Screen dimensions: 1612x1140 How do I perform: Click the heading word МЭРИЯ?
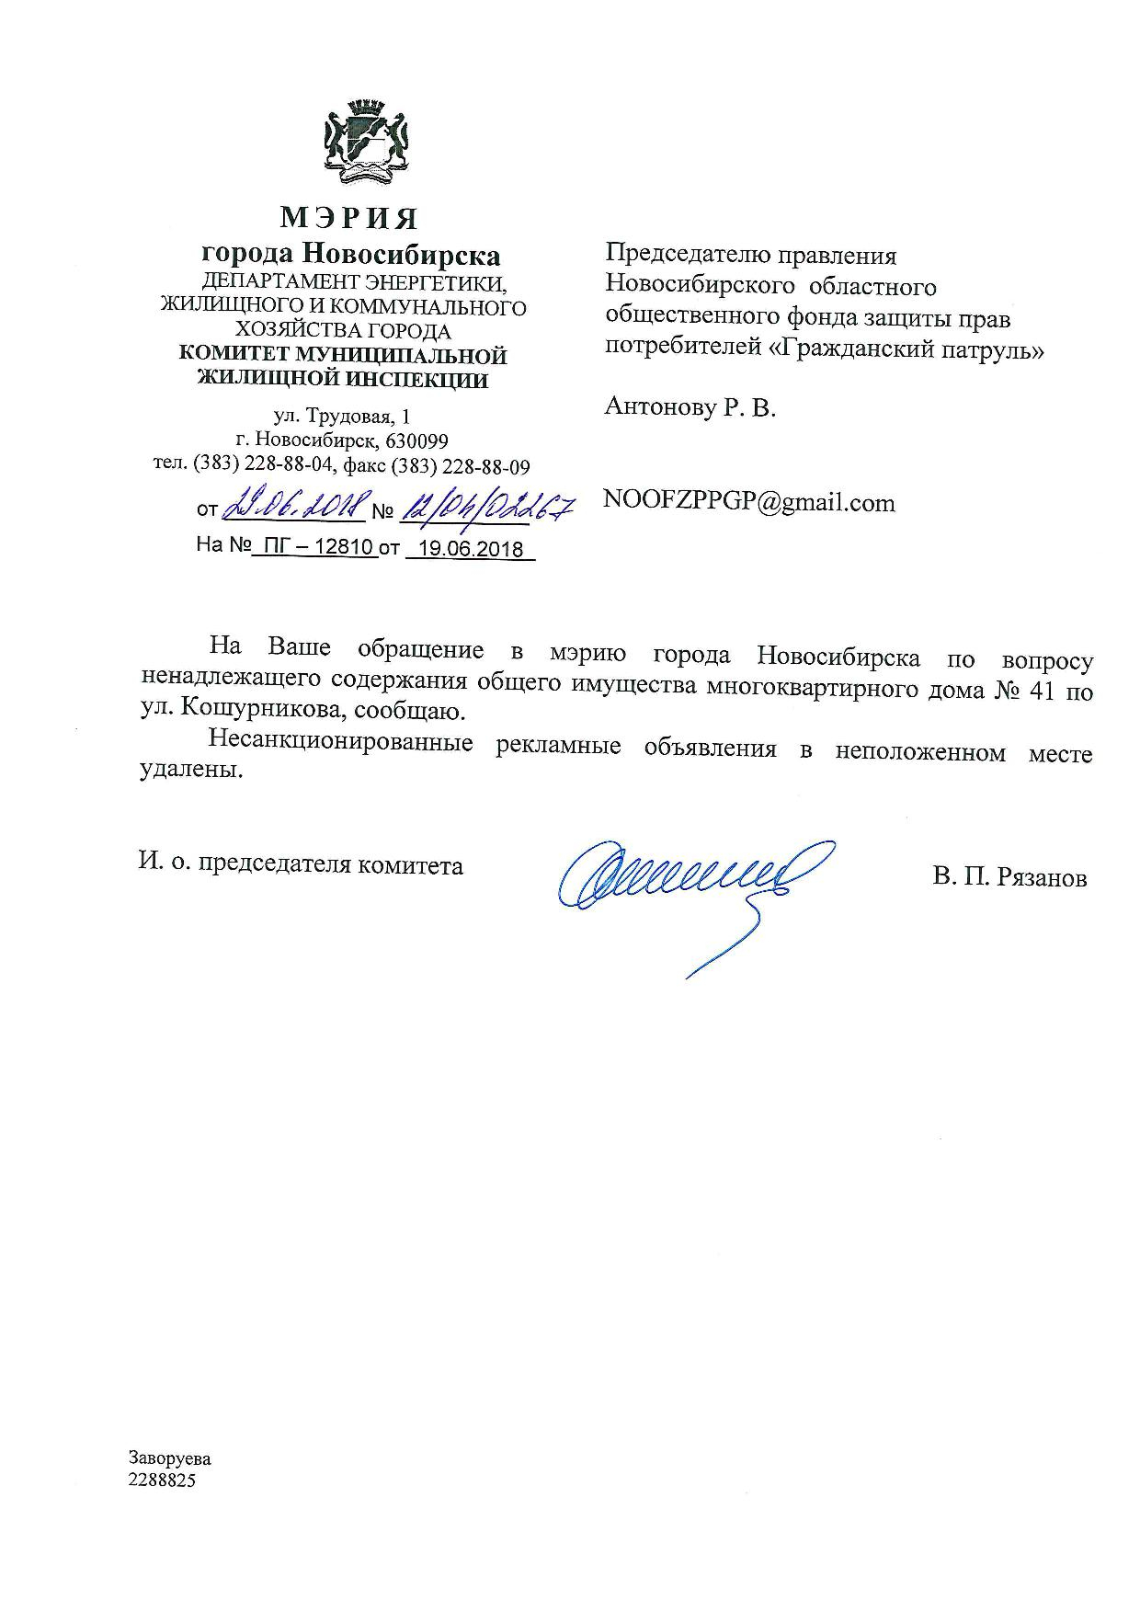[349, 218]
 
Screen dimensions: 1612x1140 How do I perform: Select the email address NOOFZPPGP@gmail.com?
[748, 502]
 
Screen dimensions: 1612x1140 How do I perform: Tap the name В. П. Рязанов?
[1009, 877]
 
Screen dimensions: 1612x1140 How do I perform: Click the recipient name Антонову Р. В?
[690, 407]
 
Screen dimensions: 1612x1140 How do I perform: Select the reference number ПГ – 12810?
[313, 546]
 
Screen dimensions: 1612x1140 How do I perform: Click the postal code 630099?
[417, 440]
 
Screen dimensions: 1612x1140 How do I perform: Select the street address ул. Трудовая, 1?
[348, 417]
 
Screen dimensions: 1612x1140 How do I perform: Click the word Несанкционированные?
[340, 742]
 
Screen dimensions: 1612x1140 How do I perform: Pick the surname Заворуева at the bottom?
[170, 1459]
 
